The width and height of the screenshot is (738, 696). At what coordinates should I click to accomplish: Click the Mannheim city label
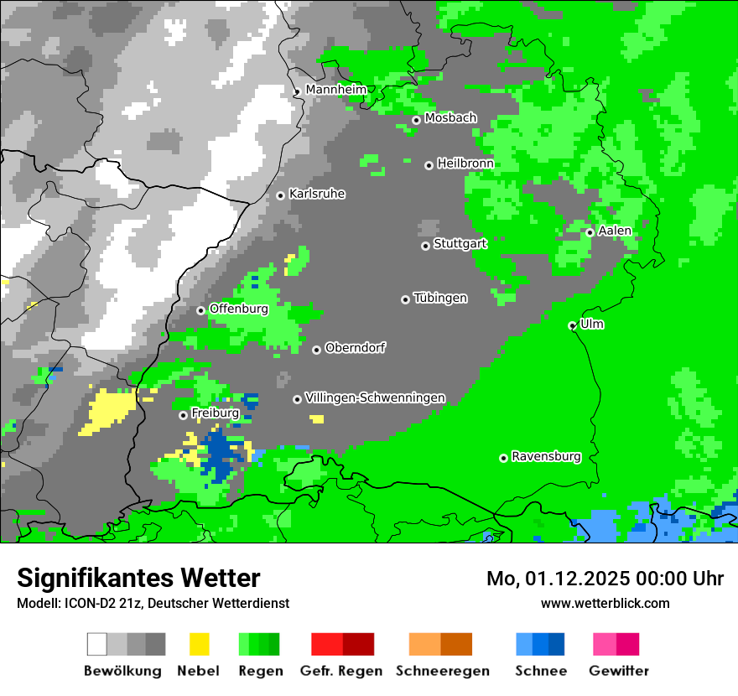[x=335, y=90]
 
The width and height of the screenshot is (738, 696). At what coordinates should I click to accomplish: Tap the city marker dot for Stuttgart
[x=425, y=246]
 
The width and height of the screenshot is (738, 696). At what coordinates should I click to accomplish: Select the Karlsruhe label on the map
[x=317, y=194]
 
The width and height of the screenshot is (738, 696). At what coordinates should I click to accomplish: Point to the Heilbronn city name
[x=465, y=164]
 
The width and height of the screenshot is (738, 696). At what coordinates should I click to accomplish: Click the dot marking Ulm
[x=572, y=325]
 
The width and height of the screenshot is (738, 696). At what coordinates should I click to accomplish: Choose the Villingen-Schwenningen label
[x=375, y=397]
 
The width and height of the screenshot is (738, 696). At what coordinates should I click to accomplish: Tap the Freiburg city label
[x=215, y=413]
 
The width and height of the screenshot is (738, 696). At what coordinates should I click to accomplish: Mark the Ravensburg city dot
[x=503, y=458]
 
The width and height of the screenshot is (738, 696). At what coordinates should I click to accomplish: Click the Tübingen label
[x=440, y=299]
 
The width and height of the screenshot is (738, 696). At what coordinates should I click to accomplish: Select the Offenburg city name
[x=238, y=309]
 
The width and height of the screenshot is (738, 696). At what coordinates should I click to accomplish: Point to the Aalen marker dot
[x=590, y=232]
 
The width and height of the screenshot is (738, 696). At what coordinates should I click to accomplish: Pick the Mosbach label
[x=450, y=118]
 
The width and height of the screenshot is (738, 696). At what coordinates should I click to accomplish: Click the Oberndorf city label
[x=355, y=348]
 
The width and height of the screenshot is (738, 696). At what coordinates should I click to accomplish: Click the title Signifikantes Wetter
[x=138, y=578]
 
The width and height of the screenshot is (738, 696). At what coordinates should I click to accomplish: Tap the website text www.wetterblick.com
[x=605, y=603]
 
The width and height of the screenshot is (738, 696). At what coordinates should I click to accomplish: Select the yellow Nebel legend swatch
[x=199, y=644]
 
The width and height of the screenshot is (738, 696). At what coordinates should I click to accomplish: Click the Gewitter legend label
[x=618, y=671]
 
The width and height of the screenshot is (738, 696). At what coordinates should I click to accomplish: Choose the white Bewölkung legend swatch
[x=97, y=644]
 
